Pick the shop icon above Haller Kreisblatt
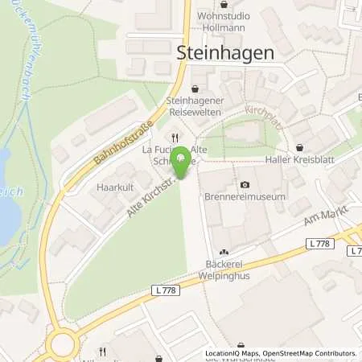[299, 147]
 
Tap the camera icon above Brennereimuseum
[244, 184]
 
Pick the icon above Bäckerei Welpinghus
[224, 255]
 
